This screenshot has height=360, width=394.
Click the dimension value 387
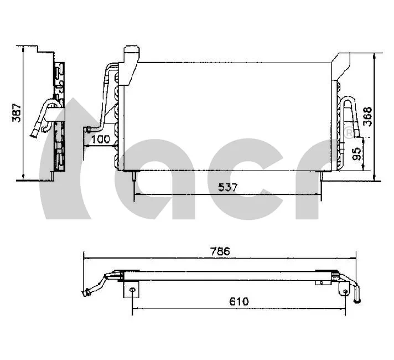tap(17, 113)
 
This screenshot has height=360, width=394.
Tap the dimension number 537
tap(227, 188)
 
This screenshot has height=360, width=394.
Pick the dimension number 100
tap(100, 139)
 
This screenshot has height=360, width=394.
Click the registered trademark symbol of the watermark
tap(349, 133)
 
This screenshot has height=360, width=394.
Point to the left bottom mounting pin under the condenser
tap(134, 176)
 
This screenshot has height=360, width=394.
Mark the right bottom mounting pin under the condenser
tap(322, 176)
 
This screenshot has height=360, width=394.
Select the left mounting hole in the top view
tap(132, 289)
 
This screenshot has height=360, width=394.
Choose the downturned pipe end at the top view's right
tap(357, 300)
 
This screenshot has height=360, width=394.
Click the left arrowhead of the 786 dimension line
tap(85, 256)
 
